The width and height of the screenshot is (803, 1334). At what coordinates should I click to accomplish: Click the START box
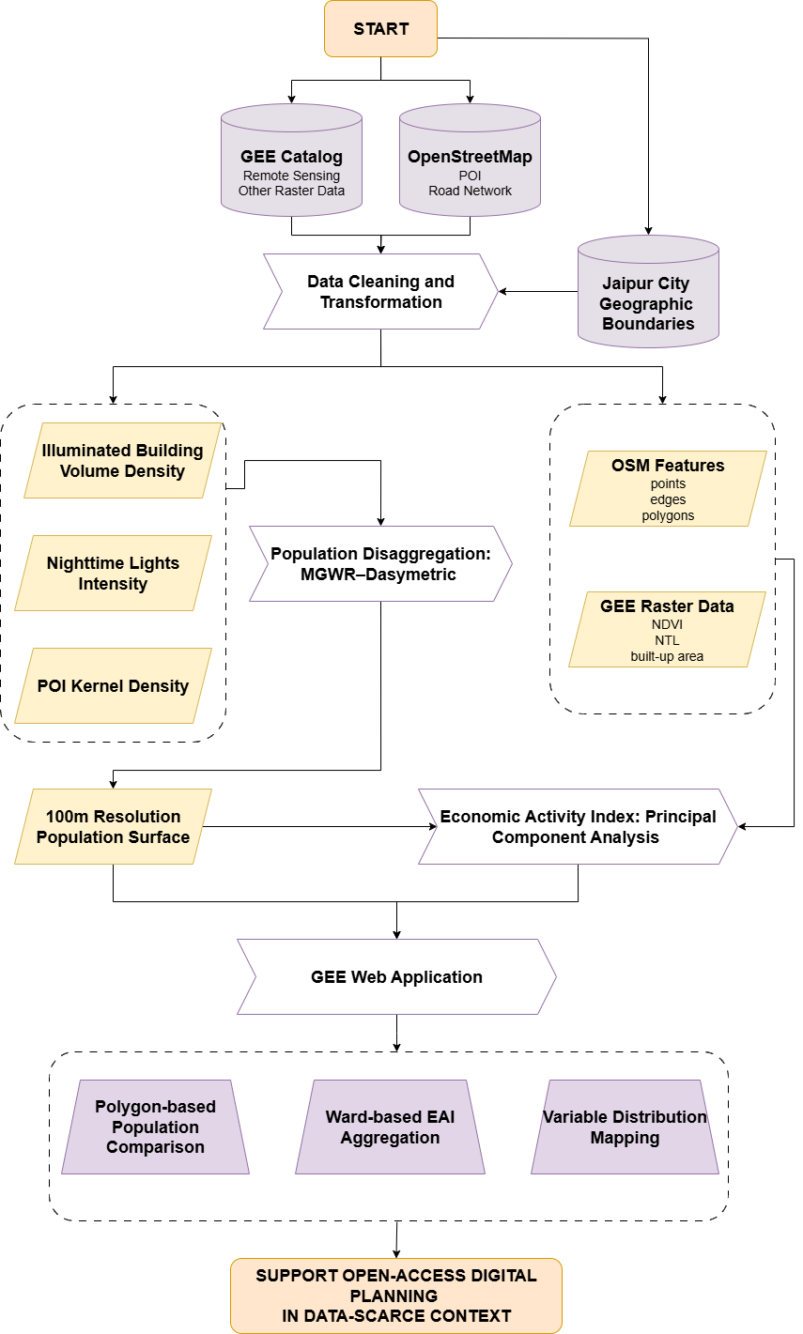point(380,28)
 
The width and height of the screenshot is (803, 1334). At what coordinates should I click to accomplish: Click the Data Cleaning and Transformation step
point(380,292)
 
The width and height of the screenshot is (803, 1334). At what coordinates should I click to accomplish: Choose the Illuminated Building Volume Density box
point(122,460)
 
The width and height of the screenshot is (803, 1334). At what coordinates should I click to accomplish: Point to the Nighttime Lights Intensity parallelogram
point(113,574)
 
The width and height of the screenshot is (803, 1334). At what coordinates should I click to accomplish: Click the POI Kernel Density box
point(113,686)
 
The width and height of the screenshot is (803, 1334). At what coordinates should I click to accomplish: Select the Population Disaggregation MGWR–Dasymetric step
point(380,563)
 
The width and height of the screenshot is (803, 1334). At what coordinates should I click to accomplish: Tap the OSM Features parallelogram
point(668,488)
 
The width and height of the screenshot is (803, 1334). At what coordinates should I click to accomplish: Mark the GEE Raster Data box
point(667,630)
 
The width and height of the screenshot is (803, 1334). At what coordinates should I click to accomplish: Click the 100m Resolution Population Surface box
point(113,827)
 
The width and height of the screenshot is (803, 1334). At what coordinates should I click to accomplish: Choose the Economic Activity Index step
point(578,827)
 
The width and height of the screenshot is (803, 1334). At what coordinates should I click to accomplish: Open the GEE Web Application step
point(396,977)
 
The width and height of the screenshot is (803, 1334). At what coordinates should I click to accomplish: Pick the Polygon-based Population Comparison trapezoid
point(155,1127)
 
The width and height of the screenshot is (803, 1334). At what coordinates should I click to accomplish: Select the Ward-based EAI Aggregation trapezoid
point(390,1127)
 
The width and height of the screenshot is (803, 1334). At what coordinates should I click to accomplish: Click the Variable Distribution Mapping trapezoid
point(625,1127)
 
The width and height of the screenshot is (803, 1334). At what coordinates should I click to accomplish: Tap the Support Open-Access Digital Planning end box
point(396,1296)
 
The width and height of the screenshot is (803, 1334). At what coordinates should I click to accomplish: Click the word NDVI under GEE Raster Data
point(668,623)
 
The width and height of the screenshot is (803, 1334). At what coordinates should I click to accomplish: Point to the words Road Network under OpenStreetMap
point(470,191)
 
